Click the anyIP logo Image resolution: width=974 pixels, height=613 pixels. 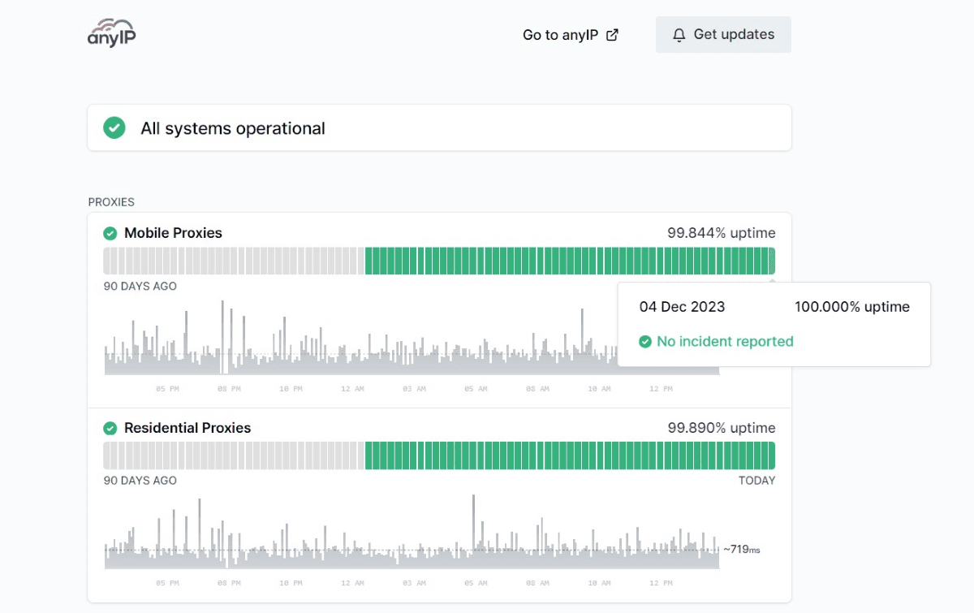coord(111,32)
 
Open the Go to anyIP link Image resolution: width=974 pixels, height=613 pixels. coord(570,35)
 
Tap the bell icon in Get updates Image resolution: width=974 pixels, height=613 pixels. coord(679,35)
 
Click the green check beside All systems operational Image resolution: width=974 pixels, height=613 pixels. coord(114,128)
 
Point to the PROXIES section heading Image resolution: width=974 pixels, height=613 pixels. coord(111,202)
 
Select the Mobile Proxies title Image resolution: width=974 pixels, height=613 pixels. coord(173,233)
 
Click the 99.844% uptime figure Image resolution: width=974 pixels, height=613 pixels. coord(722,233)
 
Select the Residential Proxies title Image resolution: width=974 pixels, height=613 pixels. coord(187,428)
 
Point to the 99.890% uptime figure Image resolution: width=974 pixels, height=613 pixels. coord(722,428)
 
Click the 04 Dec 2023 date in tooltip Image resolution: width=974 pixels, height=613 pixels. coord(682,307)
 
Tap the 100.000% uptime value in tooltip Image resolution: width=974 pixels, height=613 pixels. coord(851,307)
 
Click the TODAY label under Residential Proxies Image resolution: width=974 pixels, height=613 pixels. coord(756,481)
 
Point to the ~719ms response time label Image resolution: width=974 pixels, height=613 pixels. coord(742,550)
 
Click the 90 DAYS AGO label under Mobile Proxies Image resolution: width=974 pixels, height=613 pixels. coord(140,287)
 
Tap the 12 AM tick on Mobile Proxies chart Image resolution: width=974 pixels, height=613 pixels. coord(352,389)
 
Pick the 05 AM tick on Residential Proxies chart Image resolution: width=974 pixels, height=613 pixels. coord(476,583)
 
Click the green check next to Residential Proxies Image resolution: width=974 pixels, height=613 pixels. coord(110,428)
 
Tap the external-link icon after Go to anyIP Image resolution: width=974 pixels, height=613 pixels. coord(612,35)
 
